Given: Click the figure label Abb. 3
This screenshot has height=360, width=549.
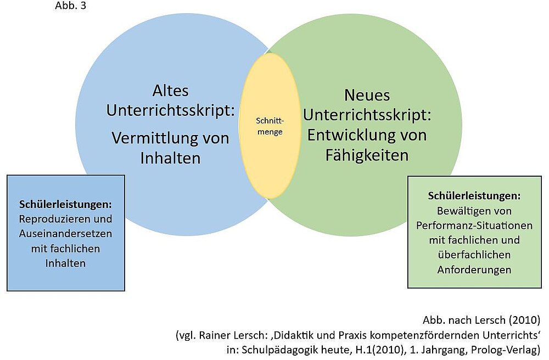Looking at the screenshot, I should click(71, 6).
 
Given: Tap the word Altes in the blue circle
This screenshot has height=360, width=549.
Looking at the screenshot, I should click(170, 91).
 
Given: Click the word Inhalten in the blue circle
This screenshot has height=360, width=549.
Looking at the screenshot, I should click(170, 158).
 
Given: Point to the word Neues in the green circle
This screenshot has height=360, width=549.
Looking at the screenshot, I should click(367, 95).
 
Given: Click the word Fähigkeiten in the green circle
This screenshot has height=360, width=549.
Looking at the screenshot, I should click(366, 155).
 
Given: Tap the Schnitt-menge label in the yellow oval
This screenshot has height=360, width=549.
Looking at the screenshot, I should click(269, 126).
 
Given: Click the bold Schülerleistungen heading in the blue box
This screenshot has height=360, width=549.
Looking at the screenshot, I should click(65, 204).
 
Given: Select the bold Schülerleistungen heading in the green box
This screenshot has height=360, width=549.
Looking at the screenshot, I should click(474, 196).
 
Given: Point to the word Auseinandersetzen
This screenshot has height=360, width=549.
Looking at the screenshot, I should click(65, 233).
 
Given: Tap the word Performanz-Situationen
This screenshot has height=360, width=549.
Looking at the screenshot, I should click(474, 226).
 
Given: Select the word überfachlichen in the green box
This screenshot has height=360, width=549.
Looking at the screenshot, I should click(474, 255).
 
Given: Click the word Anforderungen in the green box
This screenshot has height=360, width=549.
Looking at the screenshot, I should click(474, 269).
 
